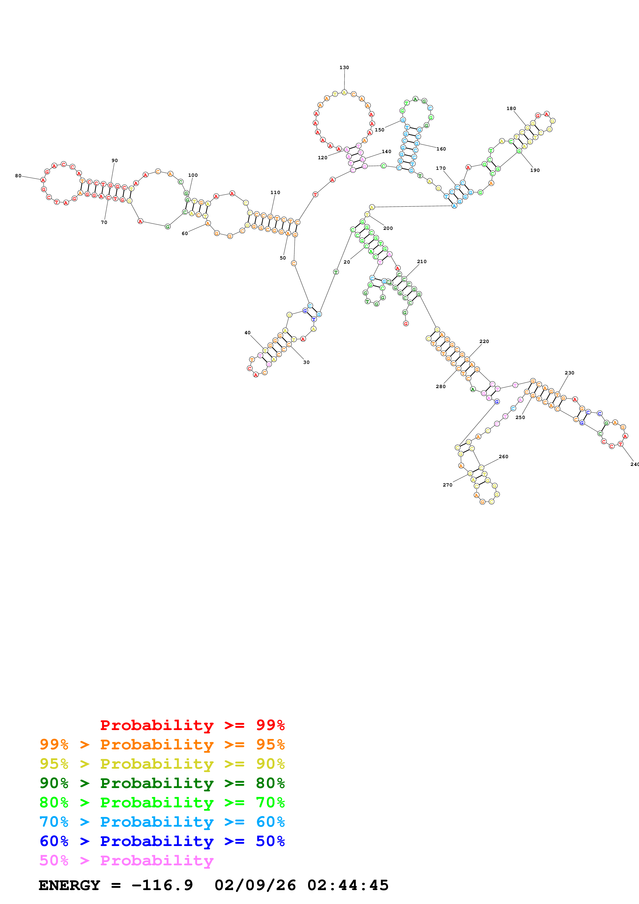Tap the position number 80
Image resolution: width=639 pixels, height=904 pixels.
point(18,175)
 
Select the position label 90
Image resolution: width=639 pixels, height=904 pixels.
point(114,161)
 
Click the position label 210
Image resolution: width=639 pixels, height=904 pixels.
point(422,262)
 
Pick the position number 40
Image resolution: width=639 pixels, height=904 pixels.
point(247,333)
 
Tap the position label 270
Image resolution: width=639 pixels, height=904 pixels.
point(448,485)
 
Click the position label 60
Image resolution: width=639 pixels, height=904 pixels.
point(185,233)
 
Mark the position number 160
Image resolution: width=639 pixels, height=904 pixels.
point(441,149)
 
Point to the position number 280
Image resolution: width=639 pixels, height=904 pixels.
point(441,387)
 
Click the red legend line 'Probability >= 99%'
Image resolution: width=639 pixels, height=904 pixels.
point(192,725)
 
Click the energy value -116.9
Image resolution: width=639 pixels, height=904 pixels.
point(162,885)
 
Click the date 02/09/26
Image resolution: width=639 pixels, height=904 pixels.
point(255,885)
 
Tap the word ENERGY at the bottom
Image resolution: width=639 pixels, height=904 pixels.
point(69,885)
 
